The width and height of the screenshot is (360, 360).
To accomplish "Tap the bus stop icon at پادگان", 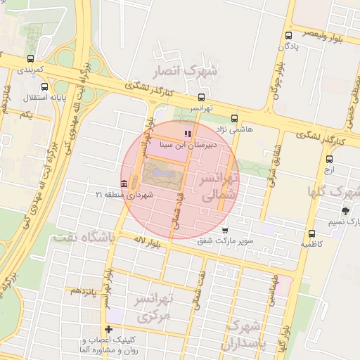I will coord(288,35).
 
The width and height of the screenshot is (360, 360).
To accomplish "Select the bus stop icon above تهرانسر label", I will coord(202,98).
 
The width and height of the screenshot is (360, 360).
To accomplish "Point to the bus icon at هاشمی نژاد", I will coord(234,119).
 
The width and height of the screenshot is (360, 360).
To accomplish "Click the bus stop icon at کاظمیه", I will coord(311,234).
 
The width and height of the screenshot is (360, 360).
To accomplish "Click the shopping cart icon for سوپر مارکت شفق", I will coord(224,230).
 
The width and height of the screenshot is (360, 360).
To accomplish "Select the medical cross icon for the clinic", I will coord(108,329).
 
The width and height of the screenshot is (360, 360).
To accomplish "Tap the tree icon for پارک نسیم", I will coord(345,211).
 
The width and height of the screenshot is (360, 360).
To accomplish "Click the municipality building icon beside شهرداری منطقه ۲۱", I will coord(124,184).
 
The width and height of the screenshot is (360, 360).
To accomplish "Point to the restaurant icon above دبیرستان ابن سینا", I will coord(187,134).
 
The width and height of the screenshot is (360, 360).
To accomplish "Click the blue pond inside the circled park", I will coord(162,170).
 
